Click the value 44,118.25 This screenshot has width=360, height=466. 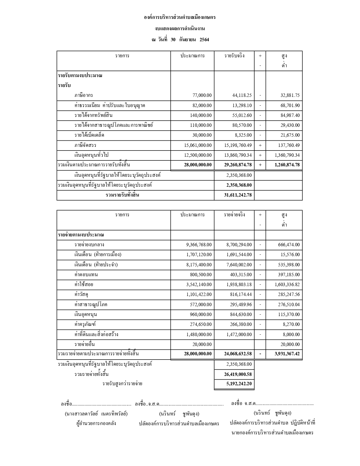coord(242,95)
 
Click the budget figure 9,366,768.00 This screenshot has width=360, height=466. coord(199,245)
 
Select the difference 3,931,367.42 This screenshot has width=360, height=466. coord(287,354)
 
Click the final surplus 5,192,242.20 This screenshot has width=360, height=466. coord(238,384)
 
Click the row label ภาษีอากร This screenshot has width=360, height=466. coord(84,95)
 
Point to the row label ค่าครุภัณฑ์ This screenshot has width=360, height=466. coord(83,325)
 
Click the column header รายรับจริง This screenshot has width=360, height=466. coord(234,56)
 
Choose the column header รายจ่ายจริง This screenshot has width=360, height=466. coord(234,215)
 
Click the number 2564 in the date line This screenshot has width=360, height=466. coord(204,40)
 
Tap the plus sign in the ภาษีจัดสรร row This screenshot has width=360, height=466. coord(260,145)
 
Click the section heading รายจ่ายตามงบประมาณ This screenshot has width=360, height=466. coord(81,235)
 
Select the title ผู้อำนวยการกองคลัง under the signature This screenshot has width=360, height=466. coord(96,424)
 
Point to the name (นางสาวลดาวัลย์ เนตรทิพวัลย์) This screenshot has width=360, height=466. coord(96,414)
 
